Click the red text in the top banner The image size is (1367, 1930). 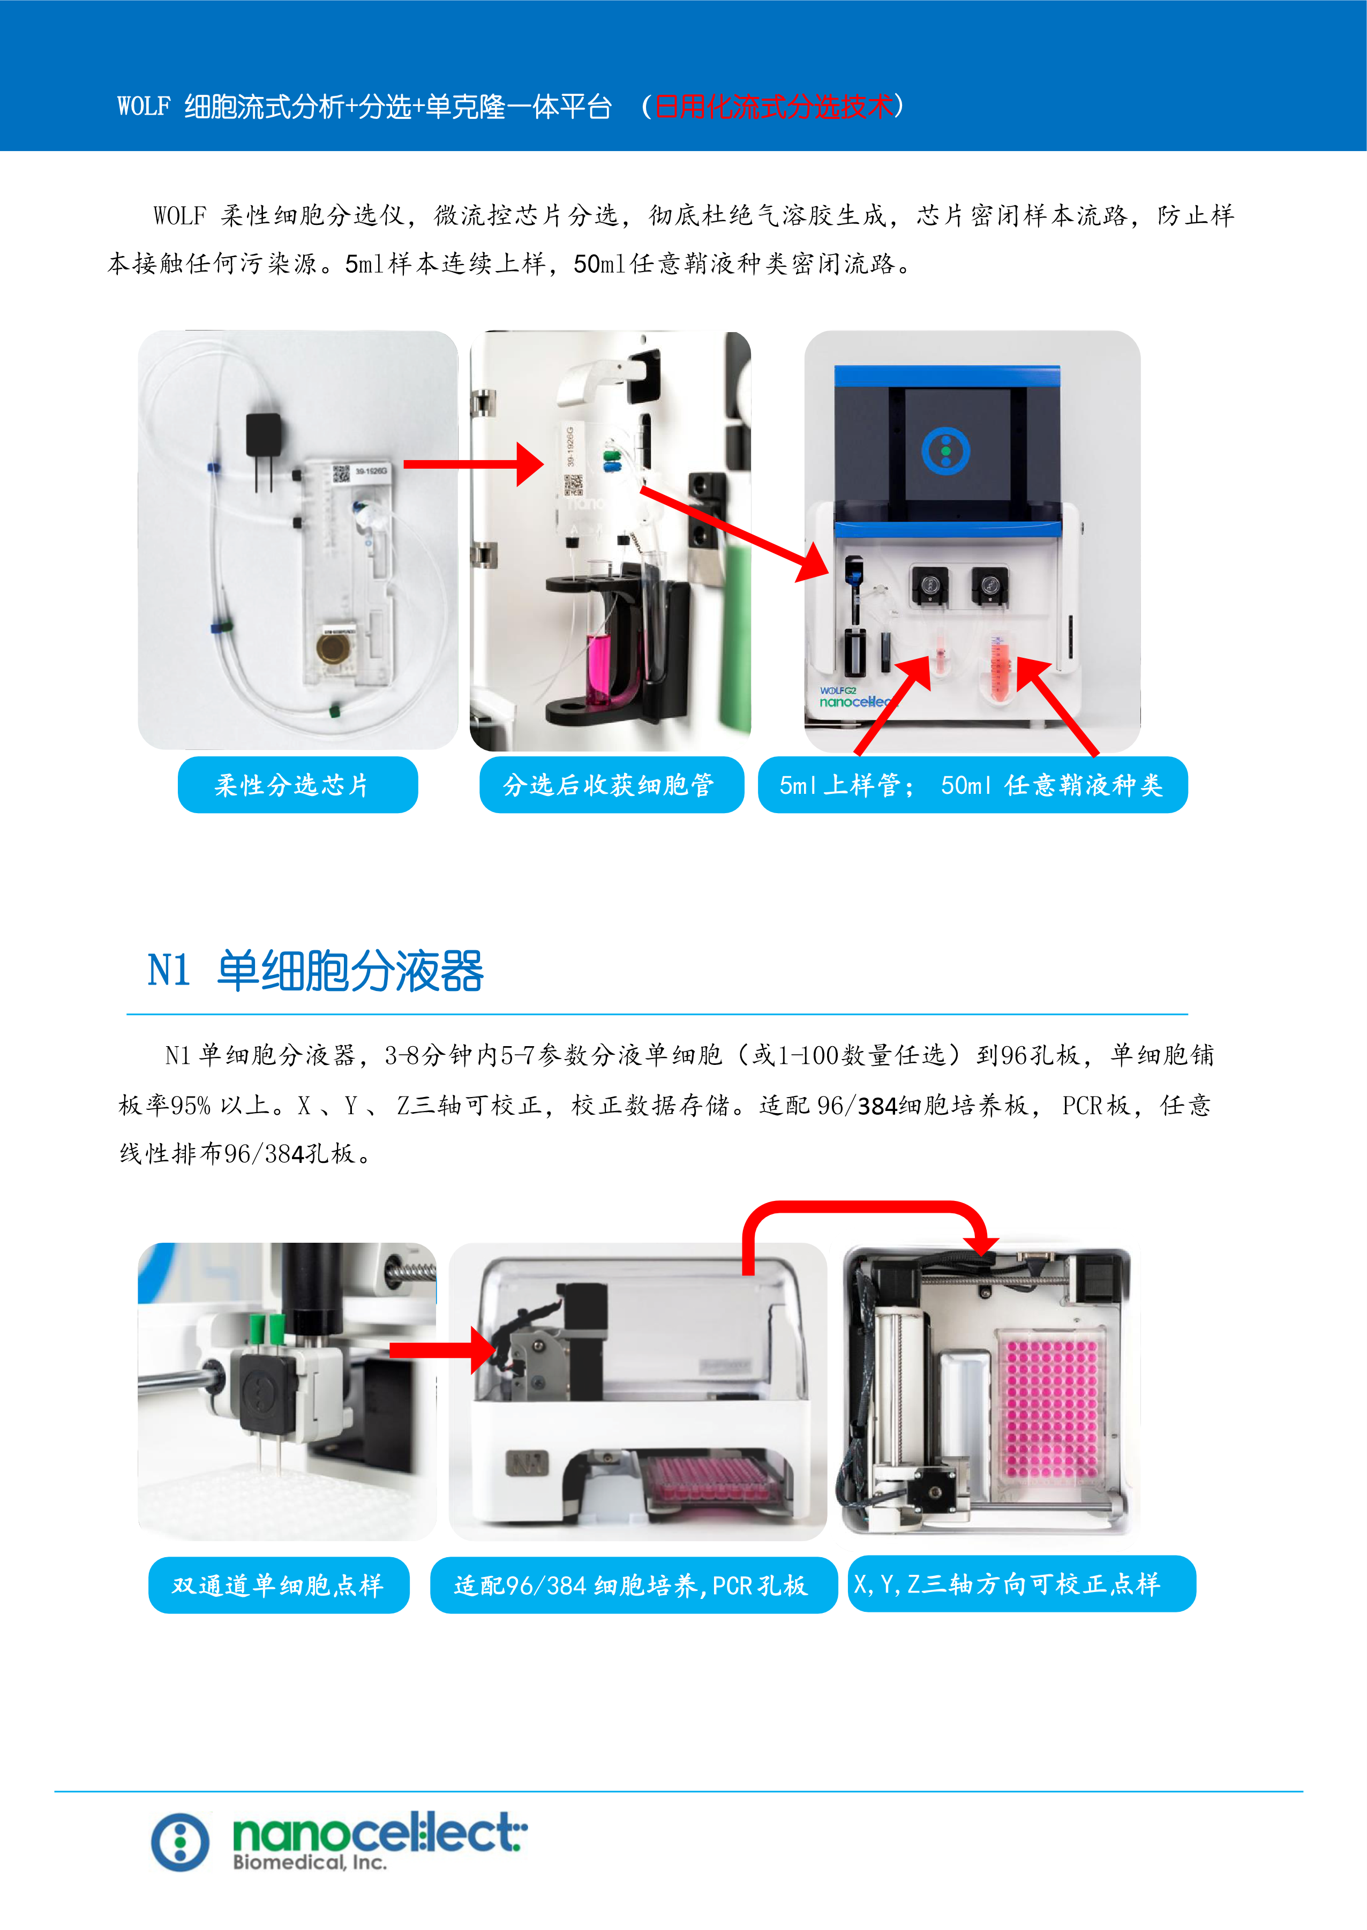pyautogui.click(x=773, y=107)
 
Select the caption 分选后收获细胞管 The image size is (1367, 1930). pyautogui.click(x=611, y=784)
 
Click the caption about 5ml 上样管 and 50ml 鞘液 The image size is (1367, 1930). pyautogui.click(x=972, y=784)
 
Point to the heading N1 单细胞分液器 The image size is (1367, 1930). pyautogui.click(x=316, y=971)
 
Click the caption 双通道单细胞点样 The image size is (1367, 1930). pyautogui.click(x=279, y=1585)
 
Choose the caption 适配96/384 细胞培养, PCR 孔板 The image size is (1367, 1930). pyautogui.click(x=633, y=1585)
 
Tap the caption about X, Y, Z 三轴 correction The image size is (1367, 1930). pyautogui.click(x=1021, y=1584)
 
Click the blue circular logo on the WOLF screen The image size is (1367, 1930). pyautogui.click(x=945, y=450)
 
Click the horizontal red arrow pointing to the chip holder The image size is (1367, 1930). pyautogui.click(x=474, y=464)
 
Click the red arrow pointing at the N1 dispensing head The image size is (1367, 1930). pyautogui.click(x=443, y=1350)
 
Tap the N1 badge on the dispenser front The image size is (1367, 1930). pyautogui.click(x=527, y=1463)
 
